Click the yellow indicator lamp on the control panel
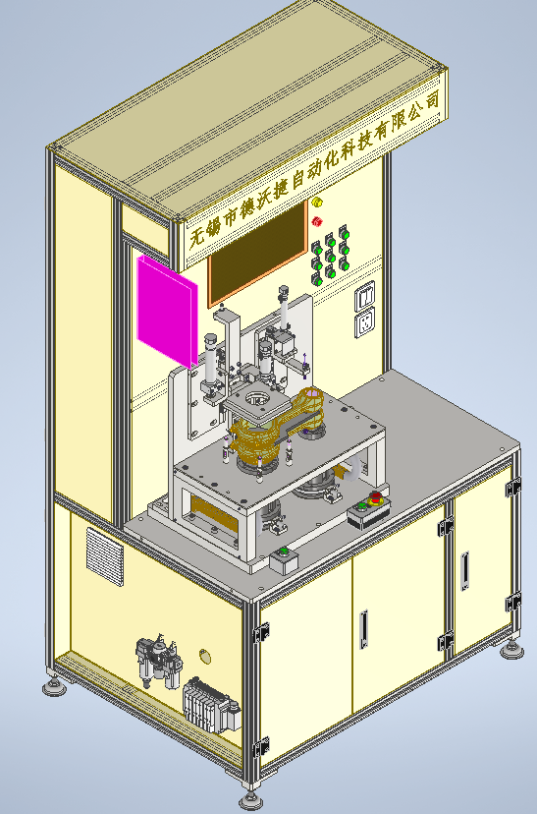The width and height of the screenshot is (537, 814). click(x=317, y=202)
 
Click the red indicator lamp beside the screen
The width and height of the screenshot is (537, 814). click(x=317, y=221)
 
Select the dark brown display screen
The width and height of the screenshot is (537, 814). click(x=257, y=255)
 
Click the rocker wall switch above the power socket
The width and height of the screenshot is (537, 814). click(x=365, y=297)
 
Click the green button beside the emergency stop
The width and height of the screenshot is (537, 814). click(x=362, y=505)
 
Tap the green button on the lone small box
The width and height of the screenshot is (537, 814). click(x=283, y=551)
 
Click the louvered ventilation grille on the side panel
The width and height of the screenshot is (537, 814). click(x=105, y=556)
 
